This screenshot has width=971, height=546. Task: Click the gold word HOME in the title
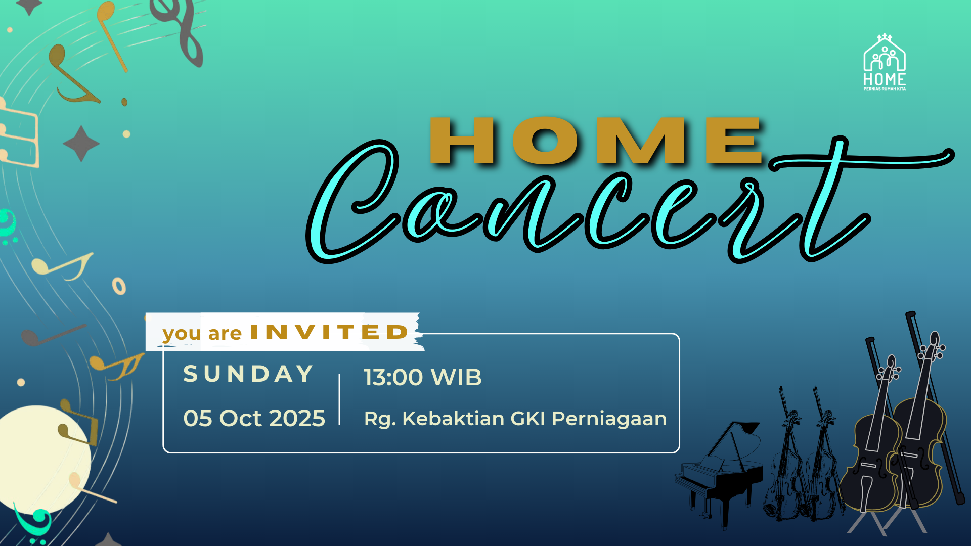point(596,141)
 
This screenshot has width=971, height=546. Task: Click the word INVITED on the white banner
point(329,332)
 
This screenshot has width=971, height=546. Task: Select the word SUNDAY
point(248,374)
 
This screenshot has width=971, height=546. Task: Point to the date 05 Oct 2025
point(254,419)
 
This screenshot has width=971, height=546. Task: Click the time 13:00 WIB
point(423,377)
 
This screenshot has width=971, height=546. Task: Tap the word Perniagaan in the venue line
point(609,419)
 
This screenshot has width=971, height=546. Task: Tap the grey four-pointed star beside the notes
point(81,144)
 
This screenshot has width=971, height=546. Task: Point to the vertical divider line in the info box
point(339,400)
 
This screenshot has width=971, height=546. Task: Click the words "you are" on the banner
point(202,334)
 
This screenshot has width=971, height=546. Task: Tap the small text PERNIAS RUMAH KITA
point(885,89)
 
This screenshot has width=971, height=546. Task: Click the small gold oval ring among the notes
point(119,286)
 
